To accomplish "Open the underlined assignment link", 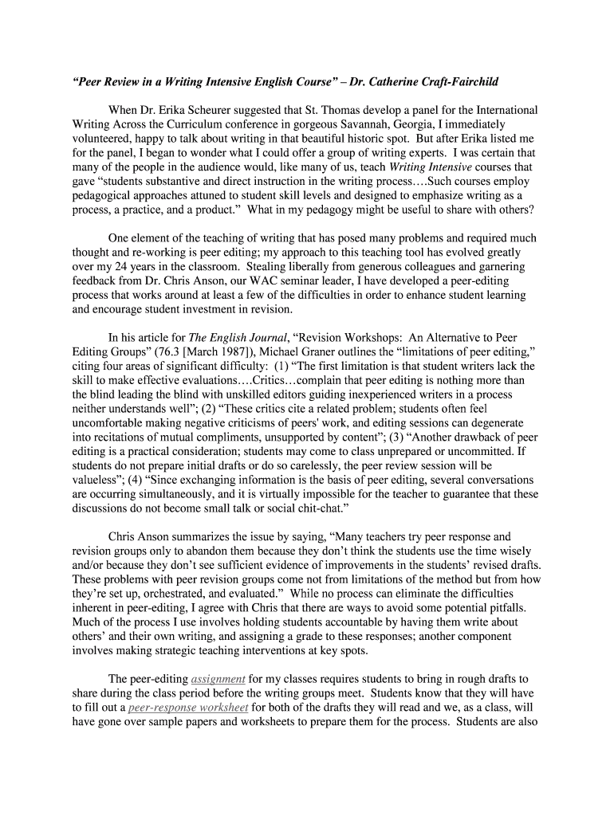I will pyautogui.click(x=218, y=679).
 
